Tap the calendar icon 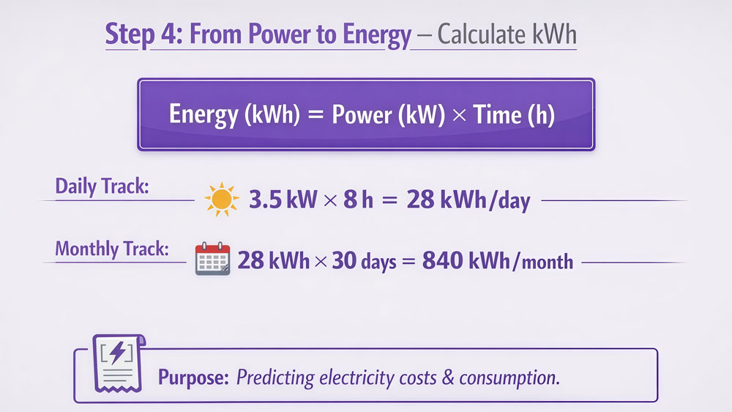213,260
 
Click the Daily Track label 102,186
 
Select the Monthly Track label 112,249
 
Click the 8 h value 356,200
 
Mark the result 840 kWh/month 498,260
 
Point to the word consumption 506,378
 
